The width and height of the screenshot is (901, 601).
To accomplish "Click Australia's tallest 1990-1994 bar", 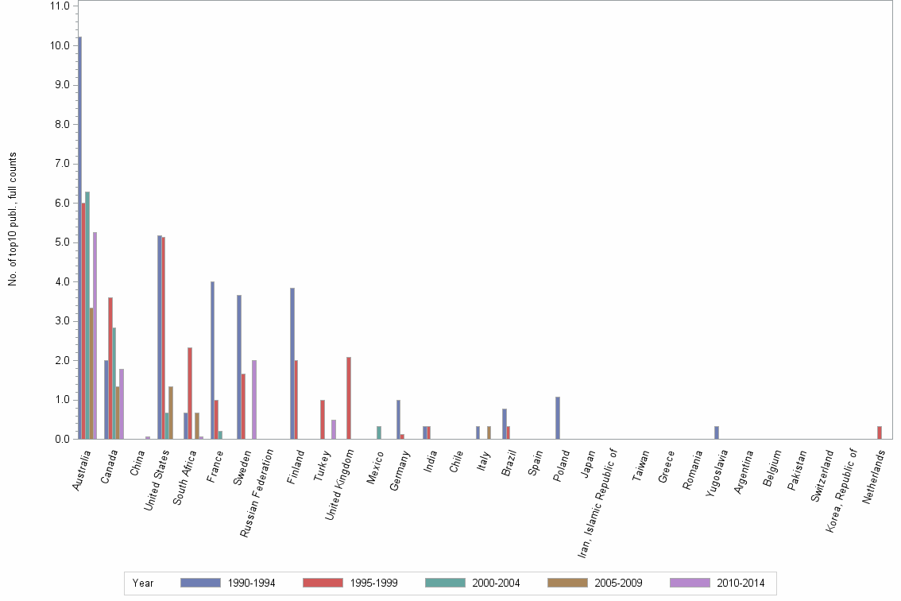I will click(x=79, y=238).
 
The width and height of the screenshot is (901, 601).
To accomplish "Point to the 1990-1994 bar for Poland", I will click(x=558, y=417).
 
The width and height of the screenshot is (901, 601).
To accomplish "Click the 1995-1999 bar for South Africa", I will click(x=190, y=393).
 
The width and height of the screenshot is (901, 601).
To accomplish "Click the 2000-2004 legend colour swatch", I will click(x=445, y=583).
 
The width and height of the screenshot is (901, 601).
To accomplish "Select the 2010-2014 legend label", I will click(x=740, y=583).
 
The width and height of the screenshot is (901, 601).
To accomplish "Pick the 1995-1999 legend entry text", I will click(x=373, y=583).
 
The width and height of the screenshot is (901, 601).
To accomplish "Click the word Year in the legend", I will click(x=143, y=583).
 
